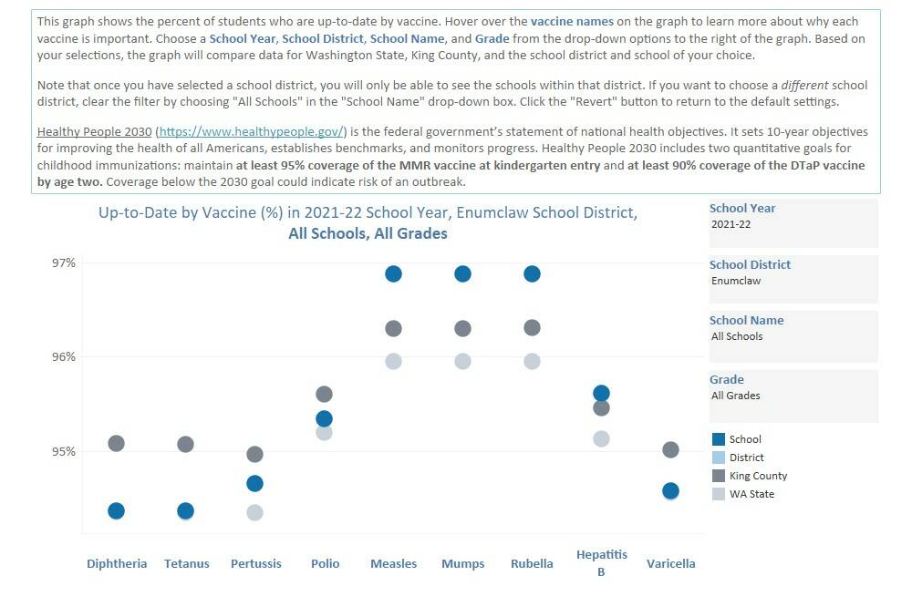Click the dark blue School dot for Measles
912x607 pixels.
tap(393, 273)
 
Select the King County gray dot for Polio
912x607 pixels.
tap(324, 394)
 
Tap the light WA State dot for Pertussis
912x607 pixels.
tap(254, 512)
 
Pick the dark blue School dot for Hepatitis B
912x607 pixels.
tap(601, 393)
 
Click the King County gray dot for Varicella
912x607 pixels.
tap(670, 449)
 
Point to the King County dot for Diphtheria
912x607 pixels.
tap(116, 443)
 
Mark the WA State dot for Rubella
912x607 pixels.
tap(532, 361)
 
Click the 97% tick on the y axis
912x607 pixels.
tap(63, 262)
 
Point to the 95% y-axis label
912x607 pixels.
tap(63, 451)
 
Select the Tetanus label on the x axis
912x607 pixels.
tap(186, 563)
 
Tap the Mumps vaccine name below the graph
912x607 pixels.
tap(462, 563)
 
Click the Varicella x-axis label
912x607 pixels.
tap(670, 563)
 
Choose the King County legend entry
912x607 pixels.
tap(758, 476)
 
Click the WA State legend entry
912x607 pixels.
tap(751, 494)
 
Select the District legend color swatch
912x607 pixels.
tap(719, 458)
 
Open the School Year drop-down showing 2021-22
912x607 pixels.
tap(793, 224)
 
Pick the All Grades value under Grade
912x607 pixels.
tap(735, 396)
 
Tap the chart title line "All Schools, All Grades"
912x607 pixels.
tap(368, 233)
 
